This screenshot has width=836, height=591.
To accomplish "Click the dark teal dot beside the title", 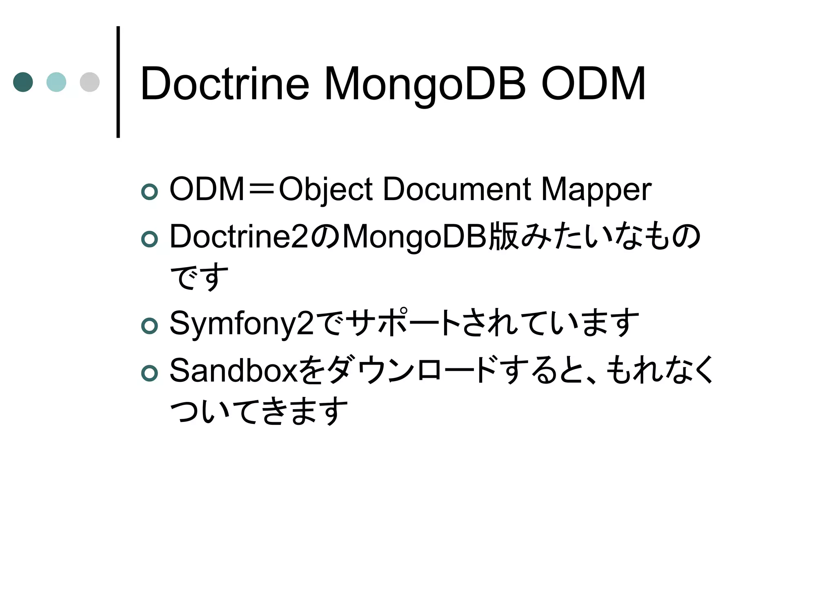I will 23,82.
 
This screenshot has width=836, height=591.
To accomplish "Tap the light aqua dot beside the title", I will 56,82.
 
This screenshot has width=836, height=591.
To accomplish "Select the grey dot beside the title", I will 90,82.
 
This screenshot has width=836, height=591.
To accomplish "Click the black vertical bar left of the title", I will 118,82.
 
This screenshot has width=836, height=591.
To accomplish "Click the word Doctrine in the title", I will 225,84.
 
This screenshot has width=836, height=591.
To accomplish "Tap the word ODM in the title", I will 593,84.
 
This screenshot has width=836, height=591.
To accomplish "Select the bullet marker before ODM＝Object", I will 149,192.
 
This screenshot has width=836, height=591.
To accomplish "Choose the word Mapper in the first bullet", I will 596,190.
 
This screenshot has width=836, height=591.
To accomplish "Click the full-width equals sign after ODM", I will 262,190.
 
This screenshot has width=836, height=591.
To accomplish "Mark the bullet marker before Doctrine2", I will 149,239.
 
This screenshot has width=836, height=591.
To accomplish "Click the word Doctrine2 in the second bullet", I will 239,237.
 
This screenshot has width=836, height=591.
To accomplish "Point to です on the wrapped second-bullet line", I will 199,276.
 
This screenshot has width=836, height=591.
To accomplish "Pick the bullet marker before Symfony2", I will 149,326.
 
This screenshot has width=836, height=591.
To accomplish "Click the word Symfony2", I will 242,323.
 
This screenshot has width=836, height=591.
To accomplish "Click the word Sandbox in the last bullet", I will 234,371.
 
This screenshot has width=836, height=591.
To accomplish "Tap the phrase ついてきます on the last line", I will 259,411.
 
